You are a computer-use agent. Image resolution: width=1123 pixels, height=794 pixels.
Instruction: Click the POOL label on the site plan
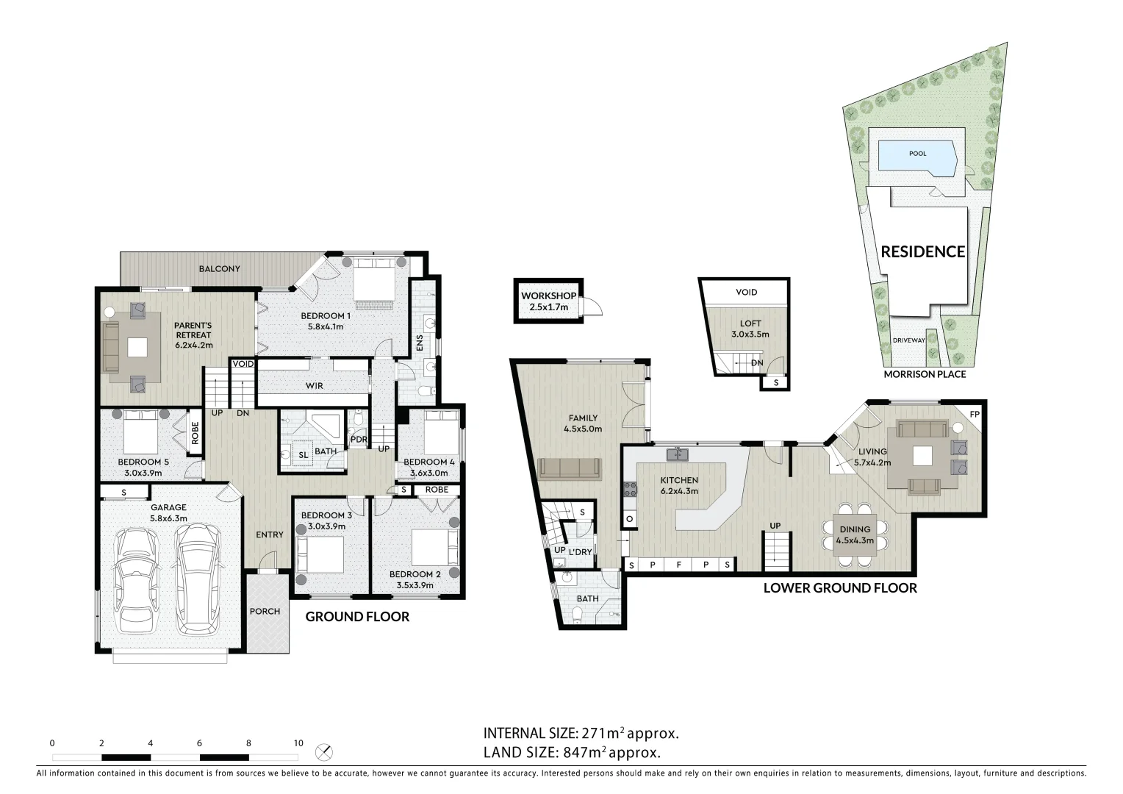917,154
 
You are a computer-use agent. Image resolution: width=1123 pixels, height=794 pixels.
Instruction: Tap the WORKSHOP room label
548,296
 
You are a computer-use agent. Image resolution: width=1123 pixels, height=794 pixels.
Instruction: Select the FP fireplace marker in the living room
975,415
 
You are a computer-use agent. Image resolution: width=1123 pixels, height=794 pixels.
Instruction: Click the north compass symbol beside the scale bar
324,752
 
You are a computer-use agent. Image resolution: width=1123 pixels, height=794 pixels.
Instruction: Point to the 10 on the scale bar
298,743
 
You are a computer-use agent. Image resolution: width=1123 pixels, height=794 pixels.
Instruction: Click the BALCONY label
220,269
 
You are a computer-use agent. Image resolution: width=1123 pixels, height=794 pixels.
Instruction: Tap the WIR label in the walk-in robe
315,386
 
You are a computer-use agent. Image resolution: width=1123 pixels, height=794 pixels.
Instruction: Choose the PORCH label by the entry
265,612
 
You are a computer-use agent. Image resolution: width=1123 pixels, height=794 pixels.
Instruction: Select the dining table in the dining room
855,534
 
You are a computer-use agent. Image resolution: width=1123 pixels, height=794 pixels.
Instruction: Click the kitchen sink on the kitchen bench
678,455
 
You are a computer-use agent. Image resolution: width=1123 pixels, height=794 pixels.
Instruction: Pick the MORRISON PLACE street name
925,374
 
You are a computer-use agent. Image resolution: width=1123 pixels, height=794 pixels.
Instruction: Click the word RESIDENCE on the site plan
923,251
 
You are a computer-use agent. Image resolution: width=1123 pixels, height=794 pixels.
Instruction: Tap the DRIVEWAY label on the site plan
909,340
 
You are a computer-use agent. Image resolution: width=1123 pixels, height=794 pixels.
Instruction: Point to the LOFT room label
750,323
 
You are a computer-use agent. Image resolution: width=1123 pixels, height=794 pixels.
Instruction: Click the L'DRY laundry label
580,551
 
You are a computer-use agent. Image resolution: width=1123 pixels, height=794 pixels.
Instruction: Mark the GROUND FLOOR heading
357,616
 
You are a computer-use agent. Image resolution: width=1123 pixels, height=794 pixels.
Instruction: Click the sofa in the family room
570,468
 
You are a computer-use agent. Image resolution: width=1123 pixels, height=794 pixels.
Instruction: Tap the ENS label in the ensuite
420,343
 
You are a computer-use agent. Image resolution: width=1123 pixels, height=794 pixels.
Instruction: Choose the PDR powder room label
359,440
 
